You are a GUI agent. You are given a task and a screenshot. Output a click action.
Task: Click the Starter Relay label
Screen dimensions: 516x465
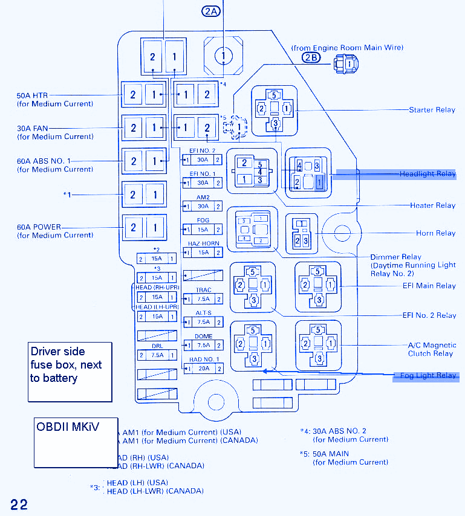click(x=432, y=110)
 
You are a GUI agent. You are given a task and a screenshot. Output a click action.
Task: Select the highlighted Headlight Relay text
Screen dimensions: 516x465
click(x=428, y=174)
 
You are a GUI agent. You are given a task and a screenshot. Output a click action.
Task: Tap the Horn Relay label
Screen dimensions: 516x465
click(x=435, y=233)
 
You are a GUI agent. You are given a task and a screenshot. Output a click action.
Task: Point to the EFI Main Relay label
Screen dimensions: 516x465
click(x=429, y=286)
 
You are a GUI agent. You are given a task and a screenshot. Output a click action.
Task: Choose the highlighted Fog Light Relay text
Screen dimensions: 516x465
click(x=428, y=375)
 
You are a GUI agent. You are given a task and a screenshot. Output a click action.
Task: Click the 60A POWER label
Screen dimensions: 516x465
click(x=39, y=227)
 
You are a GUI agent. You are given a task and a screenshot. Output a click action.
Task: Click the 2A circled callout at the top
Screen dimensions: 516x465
click(x=210, y=11)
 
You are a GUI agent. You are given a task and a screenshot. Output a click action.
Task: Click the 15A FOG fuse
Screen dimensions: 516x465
click(x=203, y=230)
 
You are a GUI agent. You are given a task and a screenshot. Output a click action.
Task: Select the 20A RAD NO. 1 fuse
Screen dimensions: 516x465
click(x=203, y=368)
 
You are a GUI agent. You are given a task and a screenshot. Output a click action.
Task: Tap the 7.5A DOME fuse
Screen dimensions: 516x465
click(x=203, y=345)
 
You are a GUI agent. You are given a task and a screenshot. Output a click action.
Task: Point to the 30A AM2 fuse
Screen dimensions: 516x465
click(x=203, y=206)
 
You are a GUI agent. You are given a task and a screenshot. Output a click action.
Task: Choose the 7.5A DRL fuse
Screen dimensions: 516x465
click(x=157, y=355)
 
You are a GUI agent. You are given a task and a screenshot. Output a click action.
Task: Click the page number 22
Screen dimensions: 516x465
click(x=19, y=505)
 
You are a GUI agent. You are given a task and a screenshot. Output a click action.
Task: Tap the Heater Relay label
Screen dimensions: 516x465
click(x=433, y=205)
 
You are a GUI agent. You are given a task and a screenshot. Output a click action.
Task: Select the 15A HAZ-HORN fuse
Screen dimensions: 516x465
click(x=203, y=253)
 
